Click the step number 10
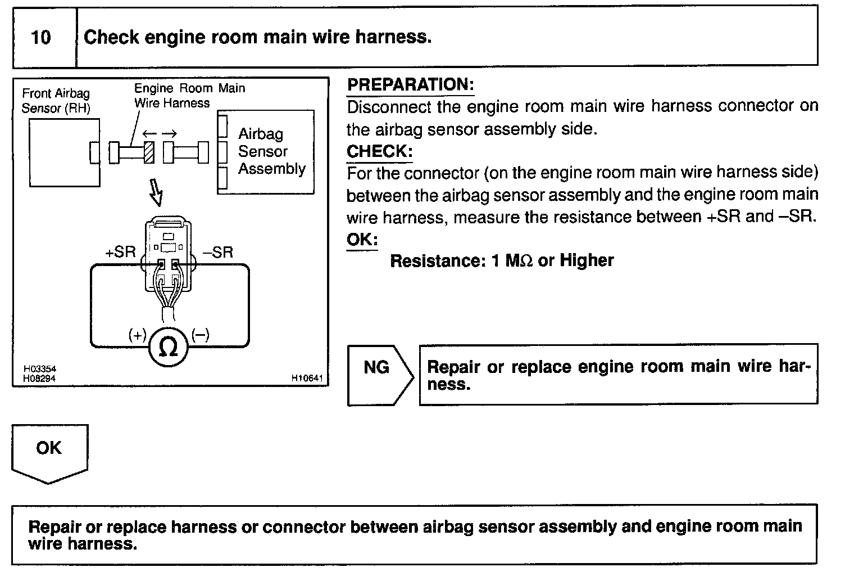click(41, 37)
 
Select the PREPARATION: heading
click(411, 84)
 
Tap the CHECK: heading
click(379, 151)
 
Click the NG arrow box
click(380, 375)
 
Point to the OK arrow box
click(49, 454)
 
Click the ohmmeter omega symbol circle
click(168, 347)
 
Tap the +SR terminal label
click(120, 252)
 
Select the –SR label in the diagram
click(218, 253)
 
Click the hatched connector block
click(149, 152)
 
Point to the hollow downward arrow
click(156, 192)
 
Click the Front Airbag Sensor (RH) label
click(56, 101)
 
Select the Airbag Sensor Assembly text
click(271, 151)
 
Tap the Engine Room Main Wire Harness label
click(190, 96)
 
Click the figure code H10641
click(307, 378)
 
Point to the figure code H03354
click(39, 368)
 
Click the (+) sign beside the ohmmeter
click(137, 335)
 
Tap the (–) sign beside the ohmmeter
click(201, 335)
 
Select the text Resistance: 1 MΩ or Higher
click(502, 260)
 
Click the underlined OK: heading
click(362, 240)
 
